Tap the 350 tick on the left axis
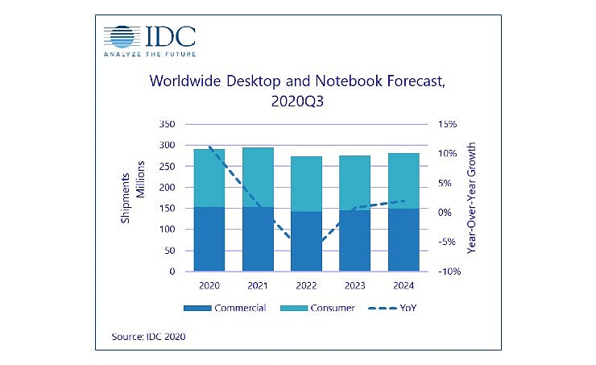click(x=165, y=125)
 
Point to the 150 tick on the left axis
click(x=165, y=209)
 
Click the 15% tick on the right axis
click(x=448, y=125)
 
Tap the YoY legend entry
click(x=399, y=309)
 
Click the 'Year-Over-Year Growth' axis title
click(x=472, y=199)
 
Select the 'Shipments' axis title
click(x=126, y=198)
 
